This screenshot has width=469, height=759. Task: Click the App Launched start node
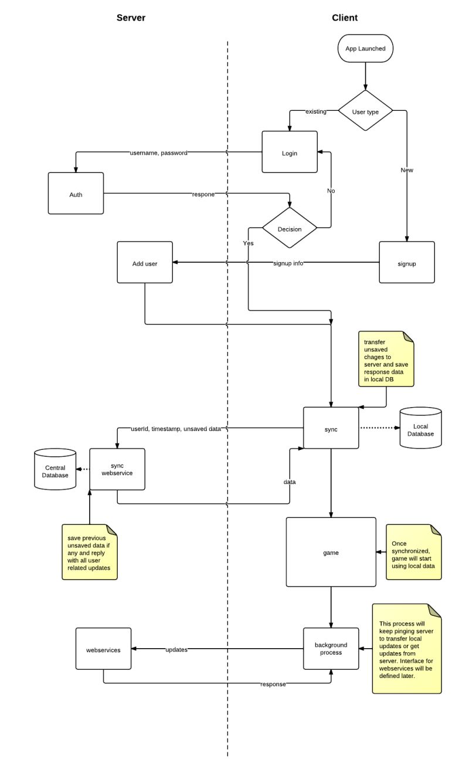coord(365,49)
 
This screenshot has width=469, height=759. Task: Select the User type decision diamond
coord(365,111)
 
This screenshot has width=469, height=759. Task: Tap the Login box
coord(290,153)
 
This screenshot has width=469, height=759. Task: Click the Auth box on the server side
coord(76,194)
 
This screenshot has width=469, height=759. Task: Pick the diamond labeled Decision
coord(290,229)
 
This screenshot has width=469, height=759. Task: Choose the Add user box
coord(145,263)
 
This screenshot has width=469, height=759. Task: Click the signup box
coord(407,263)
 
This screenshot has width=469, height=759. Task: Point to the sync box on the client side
coord(331,429)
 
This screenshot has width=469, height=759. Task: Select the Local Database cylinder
coord(420,429)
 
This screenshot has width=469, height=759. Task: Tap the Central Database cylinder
coord(55,470)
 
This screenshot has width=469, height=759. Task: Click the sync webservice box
coord(117,469)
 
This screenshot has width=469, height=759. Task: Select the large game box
coord(331,552)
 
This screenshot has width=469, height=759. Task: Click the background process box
coord(331,649)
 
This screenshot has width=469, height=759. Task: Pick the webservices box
coord(104,649)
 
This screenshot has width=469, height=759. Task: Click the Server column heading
coord(131,18)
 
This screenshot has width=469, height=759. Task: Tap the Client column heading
coord(345,18)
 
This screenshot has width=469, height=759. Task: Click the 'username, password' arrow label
coord(158,153)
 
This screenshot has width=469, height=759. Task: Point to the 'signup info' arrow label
coord(288,263)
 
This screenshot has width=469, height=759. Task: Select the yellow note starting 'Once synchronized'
coord(413,551)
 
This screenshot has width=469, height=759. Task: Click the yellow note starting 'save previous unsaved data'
coord(89,552)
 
